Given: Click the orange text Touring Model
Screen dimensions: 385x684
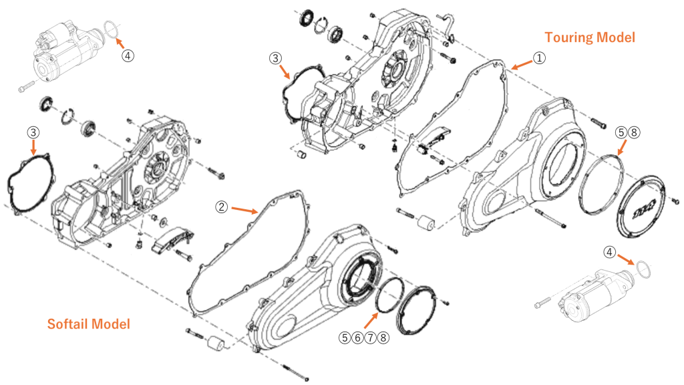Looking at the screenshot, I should tap(589, 37).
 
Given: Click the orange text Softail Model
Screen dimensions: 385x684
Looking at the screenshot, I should tap(88, 324).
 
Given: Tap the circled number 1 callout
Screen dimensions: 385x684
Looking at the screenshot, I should tap(539, 59).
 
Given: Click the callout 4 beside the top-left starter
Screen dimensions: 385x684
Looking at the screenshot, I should tap(128, 55).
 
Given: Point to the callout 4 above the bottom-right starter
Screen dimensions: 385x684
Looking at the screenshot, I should tap(609, 252).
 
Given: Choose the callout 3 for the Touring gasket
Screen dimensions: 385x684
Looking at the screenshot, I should tap(275, 59).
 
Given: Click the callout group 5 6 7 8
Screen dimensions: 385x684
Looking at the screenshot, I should tap(364, 338).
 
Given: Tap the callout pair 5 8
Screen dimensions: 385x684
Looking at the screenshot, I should tap(628, 132).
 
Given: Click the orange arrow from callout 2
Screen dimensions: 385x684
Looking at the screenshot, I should tap(244, 210).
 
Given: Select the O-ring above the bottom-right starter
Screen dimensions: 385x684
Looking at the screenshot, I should tap(643, 269).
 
